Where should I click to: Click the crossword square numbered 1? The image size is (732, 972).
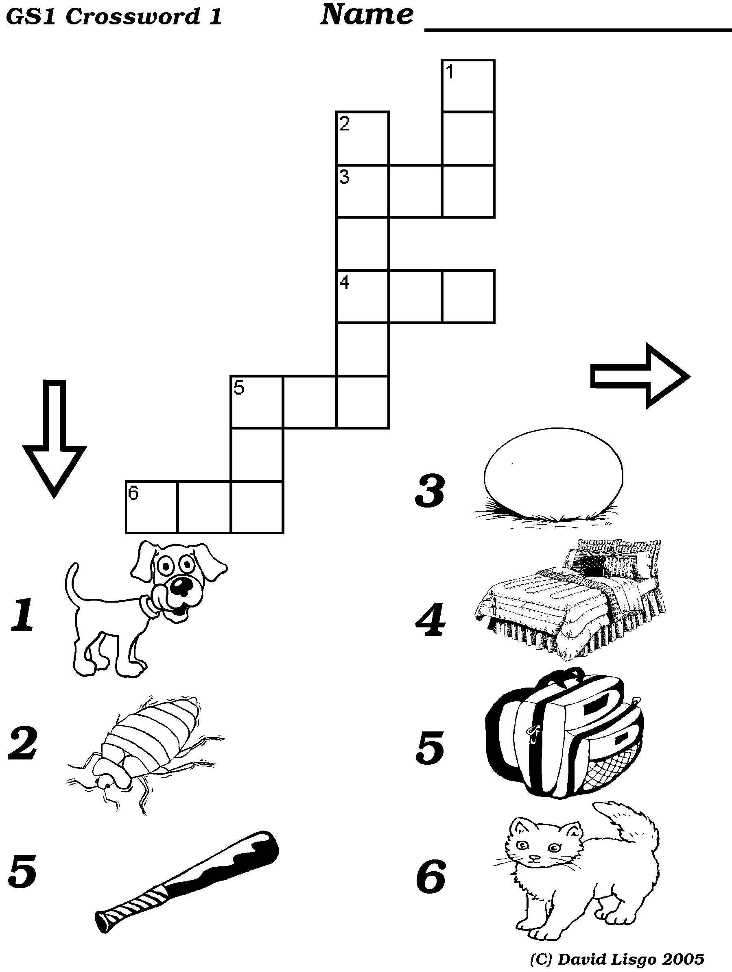pos(468,86)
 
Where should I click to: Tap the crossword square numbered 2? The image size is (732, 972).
pos(363,138)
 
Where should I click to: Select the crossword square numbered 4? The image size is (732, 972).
pos(363,297)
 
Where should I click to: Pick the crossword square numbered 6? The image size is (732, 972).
pos(152,507)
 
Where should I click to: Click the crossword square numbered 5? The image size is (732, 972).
pos(257,401)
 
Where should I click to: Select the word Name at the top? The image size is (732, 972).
pos(367,15)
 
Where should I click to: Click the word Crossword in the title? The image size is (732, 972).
pos(133,17)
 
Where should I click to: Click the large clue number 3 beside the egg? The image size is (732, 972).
pos(429,490)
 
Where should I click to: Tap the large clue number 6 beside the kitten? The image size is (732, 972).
pos(431,877)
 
